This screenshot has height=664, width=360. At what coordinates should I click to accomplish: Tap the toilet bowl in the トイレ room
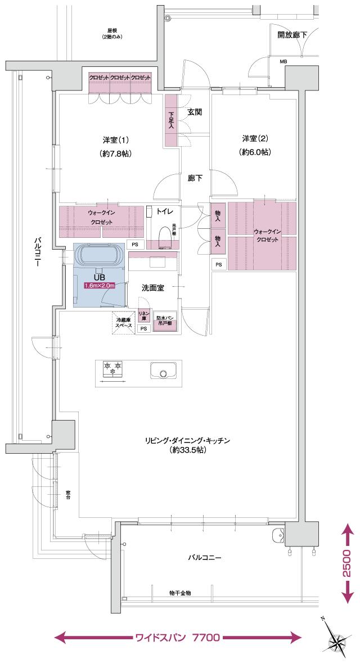[x=165, y=237]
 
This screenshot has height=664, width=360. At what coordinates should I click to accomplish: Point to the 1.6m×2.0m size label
[x=100, y=286]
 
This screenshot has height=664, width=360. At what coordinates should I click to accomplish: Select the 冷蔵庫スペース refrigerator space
[x=123, y=323]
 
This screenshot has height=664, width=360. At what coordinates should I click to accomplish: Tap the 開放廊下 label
[x=292, y=35]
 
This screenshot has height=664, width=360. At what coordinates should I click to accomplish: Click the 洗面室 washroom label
[x=152, y=287]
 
